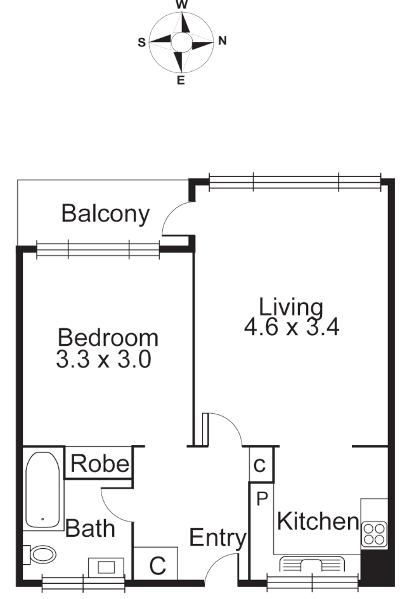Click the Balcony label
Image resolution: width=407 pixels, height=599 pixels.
coord(106,214)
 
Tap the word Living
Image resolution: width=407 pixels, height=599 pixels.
coord(292,307)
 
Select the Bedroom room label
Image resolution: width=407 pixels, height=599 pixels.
coord(108,336)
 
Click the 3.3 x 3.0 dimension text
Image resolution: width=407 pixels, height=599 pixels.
coord(103,360)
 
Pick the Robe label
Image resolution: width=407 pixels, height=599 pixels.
coord(100,464)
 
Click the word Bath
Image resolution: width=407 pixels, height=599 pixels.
coord(91,527)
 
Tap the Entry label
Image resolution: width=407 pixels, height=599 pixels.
coord(217,539)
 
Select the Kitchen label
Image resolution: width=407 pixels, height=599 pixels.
coord(318,522)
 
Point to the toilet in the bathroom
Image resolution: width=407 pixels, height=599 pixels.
coord(41,555)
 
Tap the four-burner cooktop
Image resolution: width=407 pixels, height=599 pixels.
coord(373,533)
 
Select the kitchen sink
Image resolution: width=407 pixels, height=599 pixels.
coord(311,564)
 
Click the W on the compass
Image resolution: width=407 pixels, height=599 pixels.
coord(182,4)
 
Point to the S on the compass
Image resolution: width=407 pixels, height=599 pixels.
coord(141,42)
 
